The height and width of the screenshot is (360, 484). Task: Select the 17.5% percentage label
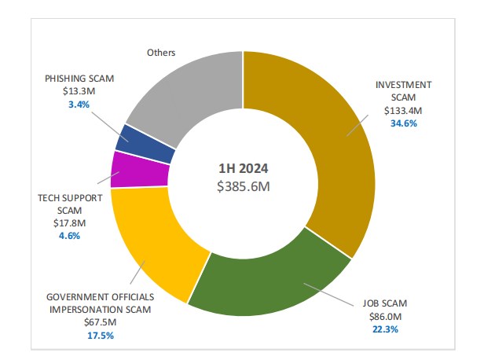[x=100, y=336]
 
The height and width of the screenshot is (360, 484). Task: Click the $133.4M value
[x=404, y=111]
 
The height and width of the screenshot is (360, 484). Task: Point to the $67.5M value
[x=100, y=322]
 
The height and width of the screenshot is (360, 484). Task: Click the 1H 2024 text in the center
[x=243, y=168]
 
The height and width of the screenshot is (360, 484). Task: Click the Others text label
[x=160, y=53]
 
